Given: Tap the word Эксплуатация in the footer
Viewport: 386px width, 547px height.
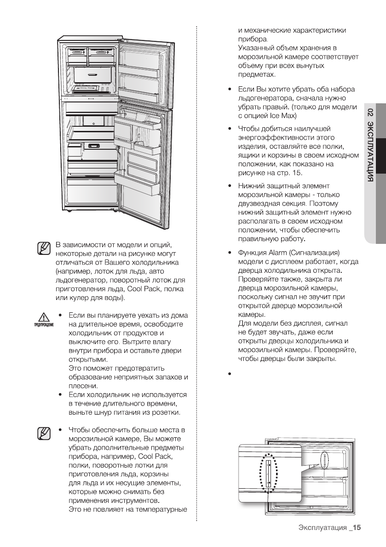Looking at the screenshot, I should pyautogui.click(x=322, y=528).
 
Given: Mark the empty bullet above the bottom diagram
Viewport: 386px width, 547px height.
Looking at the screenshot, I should pyautogui.click(x=229, y=374).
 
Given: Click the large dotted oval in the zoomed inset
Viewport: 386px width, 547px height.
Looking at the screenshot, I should pyautogui.click(x=268, y=472).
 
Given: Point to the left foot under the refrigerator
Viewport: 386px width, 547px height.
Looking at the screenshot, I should pyautogui.click(x=69, y=211).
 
